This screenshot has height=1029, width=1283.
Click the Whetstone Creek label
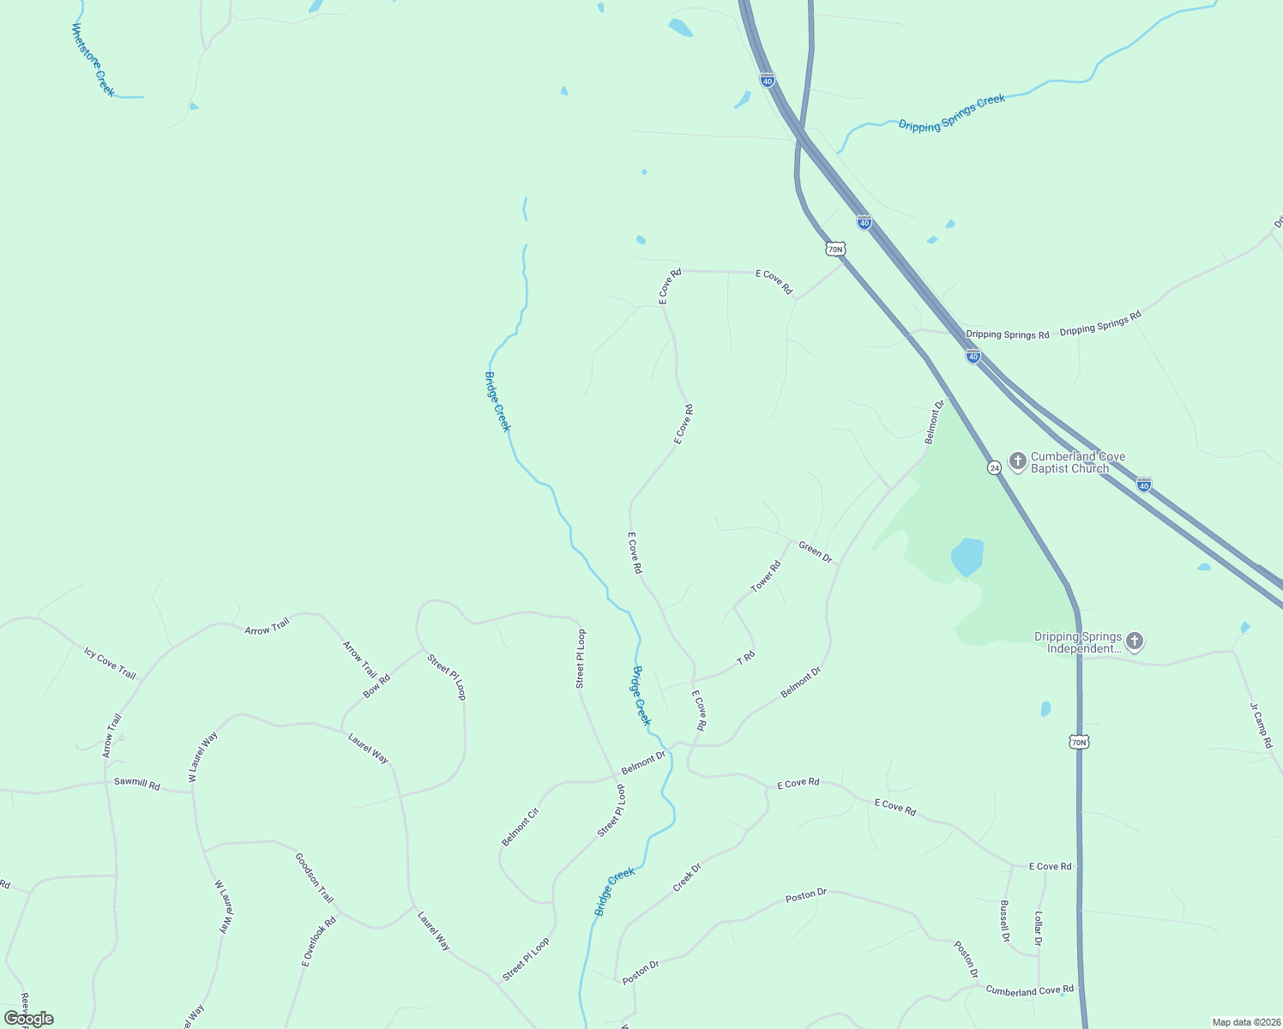click(93, 60)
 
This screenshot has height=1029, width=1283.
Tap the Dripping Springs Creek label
click(952, 112)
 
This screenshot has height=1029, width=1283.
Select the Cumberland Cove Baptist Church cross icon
click(1017, 462)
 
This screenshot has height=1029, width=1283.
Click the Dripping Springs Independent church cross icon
click(1135, 641)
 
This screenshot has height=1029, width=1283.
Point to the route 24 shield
click(994, 467)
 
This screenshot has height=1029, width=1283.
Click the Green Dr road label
click(815, 551)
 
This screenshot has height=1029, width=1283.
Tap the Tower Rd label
click(766, 576)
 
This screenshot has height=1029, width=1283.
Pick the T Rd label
click(746, 659)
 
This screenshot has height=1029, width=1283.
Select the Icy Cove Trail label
click(110, 663)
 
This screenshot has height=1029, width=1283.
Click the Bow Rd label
click(376, 686)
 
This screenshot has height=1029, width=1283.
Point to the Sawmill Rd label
click(137, 785)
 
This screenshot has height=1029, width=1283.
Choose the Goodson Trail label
click(314, 876)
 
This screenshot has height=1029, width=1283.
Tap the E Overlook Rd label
click(318, 942)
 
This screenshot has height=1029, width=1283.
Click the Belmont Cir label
click(520, 827)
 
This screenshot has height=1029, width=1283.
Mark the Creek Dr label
click(687, 877)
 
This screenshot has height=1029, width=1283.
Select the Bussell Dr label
click(1005, 921)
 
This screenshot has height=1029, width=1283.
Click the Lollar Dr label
click(1038, 929)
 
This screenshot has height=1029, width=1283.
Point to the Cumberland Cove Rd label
click(1029, 990)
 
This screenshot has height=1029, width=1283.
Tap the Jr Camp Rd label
click(1260, 725)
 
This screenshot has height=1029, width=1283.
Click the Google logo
click(28, 1018)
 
